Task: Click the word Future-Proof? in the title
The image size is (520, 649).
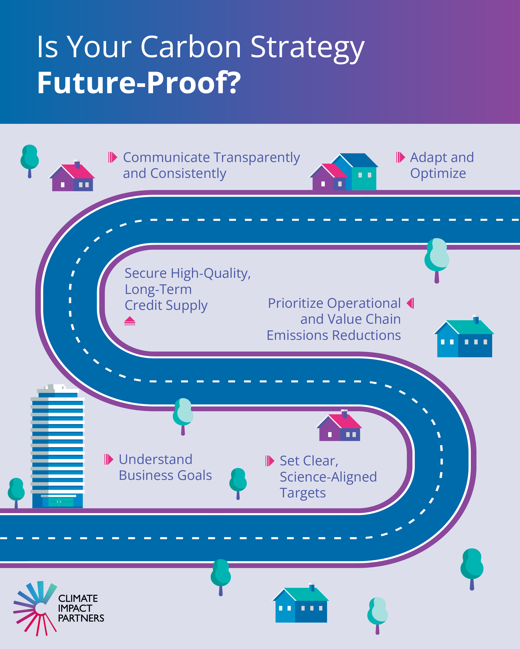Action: [139, 83]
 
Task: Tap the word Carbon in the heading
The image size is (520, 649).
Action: [191, 47]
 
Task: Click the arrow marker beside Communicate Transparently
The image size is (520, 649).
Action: [113, 157]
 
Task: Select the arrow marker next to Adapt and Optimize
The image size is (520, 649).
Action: [400, 157]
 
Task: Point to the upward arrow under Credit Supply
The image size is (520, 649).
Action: [130, 321]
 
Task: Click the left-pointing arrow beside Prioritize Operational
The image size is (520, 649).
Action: [411, 303]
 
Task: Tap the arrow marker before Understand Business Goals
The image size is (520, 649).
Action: [109, 459]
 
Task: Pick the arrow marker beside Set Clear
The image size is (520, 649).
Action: [270, 461]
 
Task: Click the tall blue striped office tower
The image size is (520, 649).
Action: [57, 446]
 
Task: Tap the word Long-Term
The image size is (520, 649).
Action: [158, 289]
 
